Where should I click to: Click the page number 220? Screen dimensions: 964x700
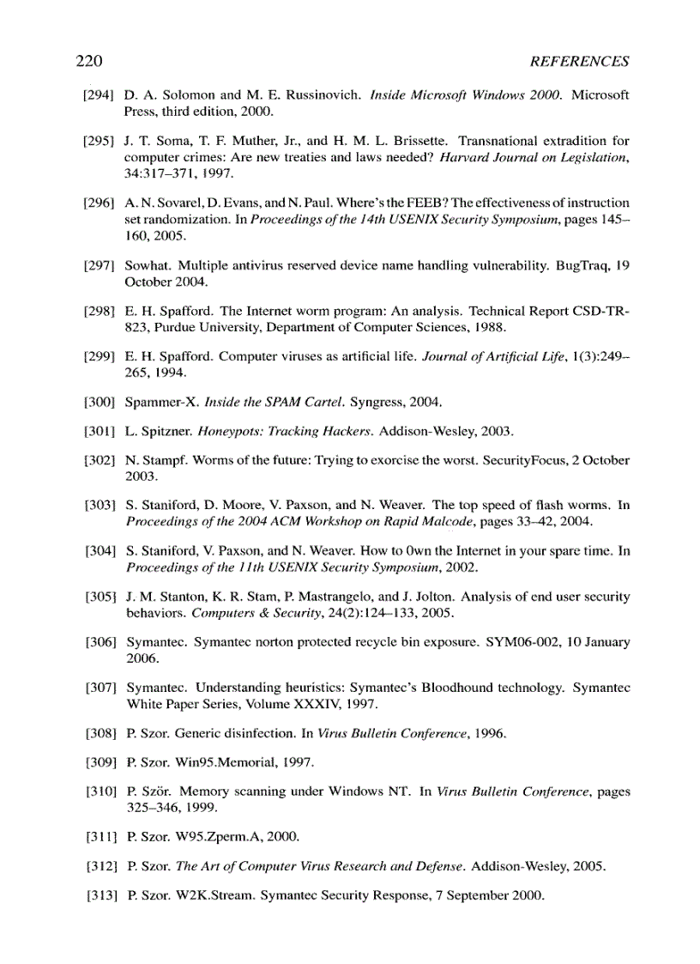89,61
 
